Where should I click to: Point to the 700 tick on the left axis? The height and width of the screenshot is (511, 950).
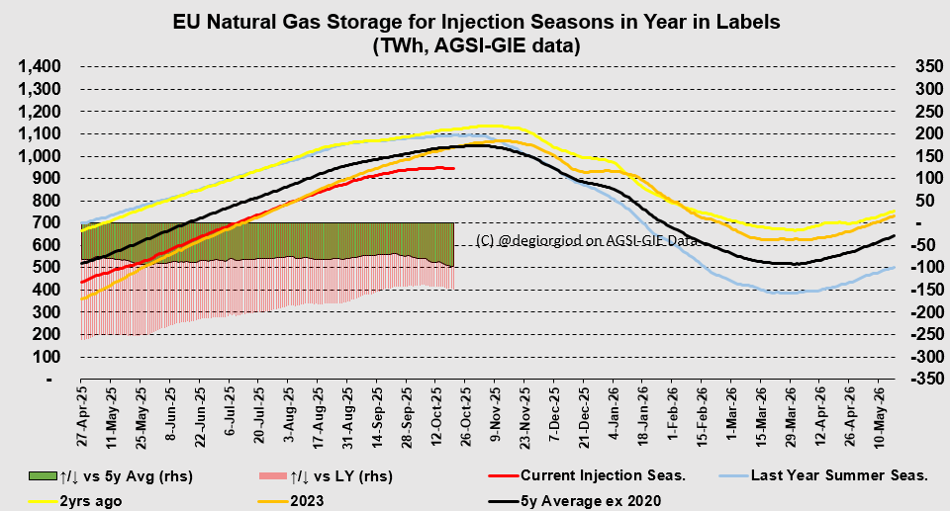[x=50, y=223]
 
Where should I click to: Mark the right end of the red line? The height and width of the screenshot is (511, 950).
[x=454, y=169]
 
